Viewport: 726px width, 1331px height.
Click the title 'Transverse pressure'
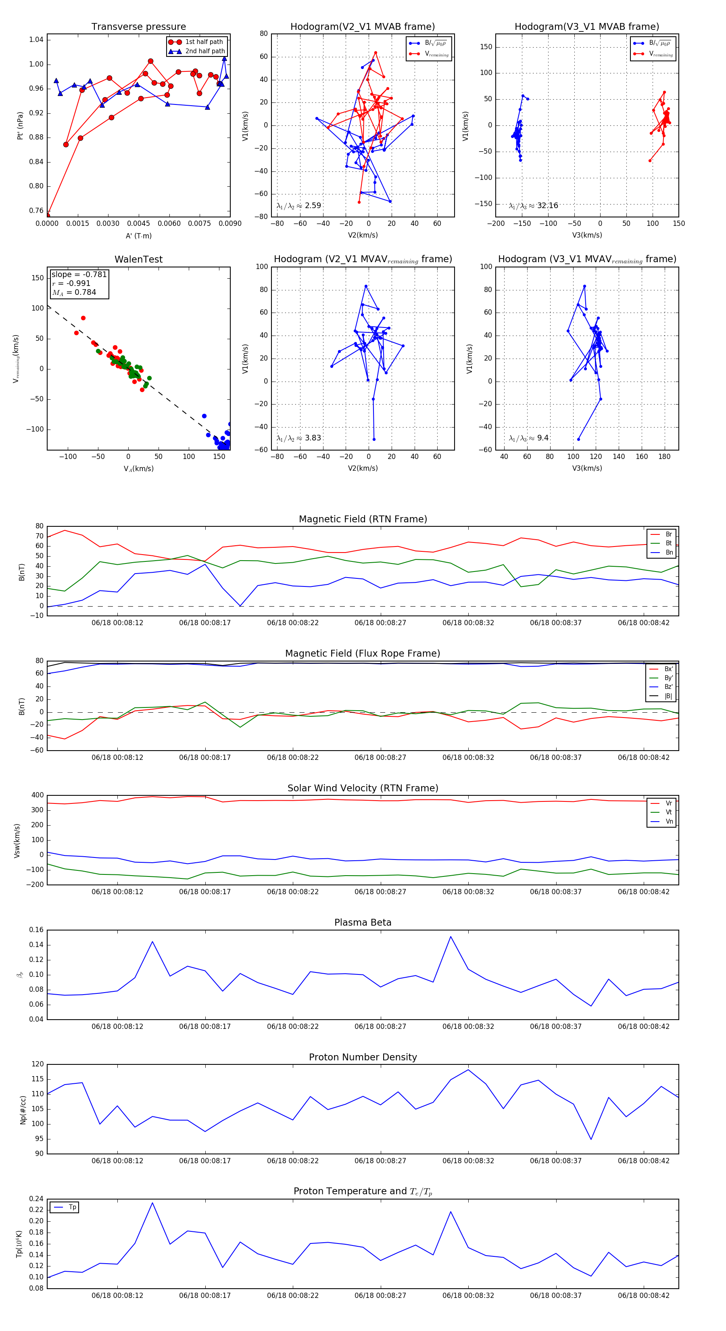[x=138, y=27]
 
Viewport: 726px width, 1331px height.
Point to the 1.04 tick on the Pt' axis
[x=36, y=40]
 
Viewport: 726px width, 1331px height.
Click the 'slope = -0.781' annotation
[x=79, y=274]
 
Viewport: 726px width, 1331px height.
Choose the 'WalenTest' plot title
[x=138, y=259]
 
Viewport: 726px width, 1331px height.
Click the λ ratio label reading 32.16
[x=533, y=206]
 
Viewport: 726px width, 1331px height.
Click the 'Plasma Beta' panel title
[x=363, y=923]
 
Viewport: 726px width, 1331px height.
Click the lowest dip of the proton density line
[x=591, y=1139]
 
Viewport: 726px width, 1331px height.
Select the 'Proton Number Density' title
[x=363, y=1057]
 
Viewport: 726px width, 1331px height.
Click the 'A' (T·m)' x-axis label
[x=138, y=236]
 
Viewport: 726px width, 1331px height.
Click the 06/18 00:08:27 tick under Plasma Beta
[x=380, y=1026]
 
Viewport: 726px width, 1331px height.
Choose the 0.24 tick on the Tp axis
[x=36, y=1199]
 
